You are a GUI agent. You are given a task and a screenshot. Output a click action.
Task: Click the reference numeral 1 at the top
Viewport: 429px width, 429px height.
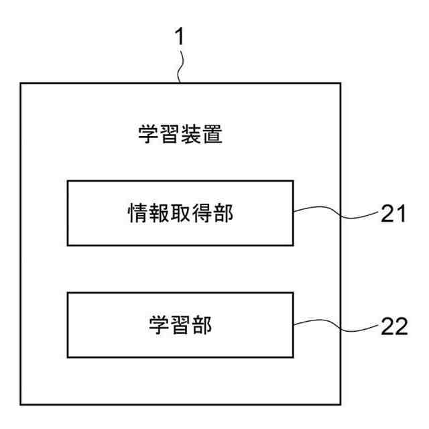tap(179, 38)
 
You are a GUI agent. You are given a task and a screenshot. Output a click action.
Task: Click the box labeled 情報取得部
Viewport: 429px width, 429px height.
tap(181, 213)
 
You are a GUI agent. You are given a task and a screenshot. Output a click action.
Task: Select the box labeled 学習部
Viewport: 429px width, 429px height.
tap(181, 325)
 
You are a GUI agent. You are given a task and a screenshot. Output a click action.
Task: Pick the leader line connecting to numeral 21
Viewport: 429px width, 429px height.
tap(335, 213)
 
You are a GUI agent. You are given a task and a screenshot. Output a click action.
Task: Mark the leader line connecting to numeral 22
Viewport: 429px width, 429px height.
tap(335, 326)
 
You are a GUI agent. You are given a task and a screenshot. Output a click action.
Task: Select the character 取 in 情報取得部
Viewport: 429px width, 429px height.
tap(181, 213)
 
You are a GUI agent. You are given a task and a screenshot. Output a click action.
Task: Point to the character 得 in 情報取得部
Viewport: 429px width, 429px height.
tap(202, 213)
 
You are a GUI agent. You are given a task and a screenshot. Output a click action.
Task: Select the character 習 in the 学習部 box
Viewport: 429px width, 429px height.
tap(181, 325)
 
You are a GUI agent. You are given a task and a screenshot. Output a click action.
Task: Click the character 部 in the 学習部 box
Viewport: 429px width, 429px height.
tap(202, 325)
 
